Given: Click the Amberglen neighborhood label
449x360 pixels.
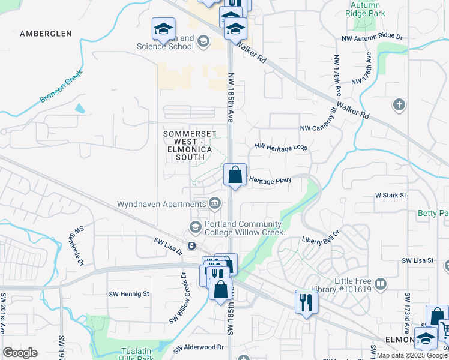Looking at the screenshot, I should point(46,34).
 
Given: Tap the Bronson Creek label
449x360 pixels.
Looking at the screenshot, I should point(61,88).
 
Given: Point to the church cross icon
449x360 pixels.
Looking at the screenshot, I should point(399,106).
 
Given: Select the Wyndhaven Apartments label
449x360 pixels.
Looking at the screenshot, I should point(161,204).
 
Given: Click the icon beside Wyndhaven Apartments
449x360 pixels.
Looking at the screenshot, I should point(214,204).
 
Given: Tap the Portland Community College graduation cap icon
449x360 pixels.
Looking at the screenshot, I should point(196,227).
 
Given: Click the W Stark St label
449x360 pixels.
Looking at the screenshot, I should point(391,196).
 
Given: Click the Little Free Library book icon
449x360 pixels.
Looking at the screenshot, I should point(380,283).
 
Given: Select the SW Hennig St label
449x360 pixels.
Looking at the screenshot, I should point(128,294).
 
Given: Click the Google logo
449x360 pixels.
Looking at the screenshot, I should point(20,353).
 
